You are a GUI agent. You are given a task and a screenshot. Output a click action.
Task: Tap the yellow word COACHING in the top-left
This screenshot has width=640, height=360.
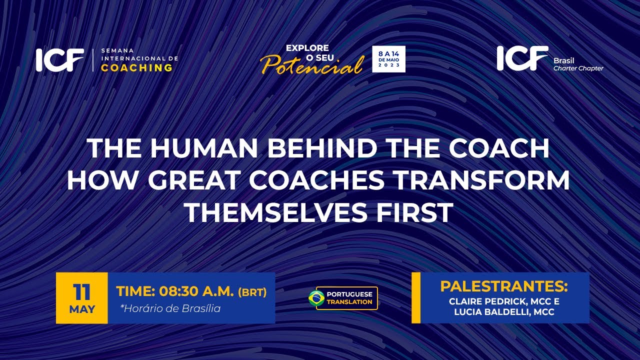tap(136, 68)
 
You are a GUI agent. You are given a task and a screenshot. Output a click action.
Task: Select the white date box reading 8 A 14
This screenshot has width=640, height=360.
tap(388, 59)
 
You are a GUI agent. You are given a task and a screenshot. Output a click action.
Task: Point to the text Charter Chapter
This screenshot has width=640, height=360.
tap(578, 68)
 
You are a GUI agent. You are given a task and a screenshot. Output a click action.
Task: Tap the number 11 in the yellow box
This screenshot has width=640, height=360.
tap(82, 291)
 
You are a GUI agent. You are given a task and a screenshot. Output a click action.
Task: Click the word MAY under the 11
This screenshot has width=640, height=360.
tap(82, 309)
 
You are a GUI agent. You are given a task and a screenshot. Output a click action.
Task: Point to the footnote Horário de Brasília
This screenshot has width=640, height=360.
tap(170, 308)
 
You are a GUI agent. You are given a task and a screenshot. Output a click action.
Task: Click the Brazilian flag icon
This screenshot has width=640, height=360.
tap(316, 298)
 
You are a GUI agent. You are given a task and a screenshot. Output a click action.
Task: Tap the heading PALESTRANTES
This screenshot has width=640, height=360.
tap(504, 287)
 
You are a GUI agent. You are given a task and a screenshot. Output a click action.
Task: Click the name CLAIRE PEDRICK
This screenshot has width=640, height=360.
tap(484, 302)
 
